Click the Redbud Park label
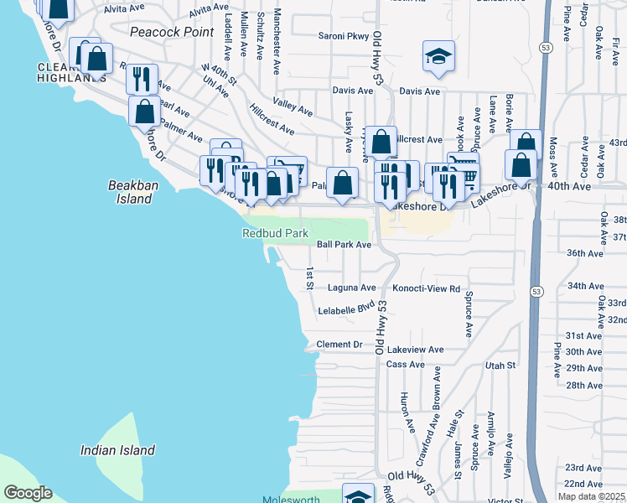pyautogui.click(x=276, y=234)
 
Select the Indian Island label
pyautogui.click(x=117, y=450)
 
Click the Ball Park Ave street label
pyautogui.click(x=344, y=245)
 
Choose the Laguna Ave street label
pyautogui.click(x=353, y=287)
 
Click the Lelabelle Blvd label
pyautogui.click(x=345, y=309)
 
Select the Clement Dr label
pyautogui.click(x=339, y=345)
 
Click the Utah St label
pyautogui.click(x=500, y=366)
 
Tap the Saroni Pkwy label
pyautogui.click(x=344, y=36)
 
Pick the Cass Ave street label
pyautogui.click(x=406, y=365)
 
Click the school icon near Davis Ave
pyautogui.click(x=438, y=57)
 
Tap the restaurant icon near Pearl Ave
pyautogui.click(x=142, y=78)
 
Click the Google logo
pyautogui.click(x=28, y=493)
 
